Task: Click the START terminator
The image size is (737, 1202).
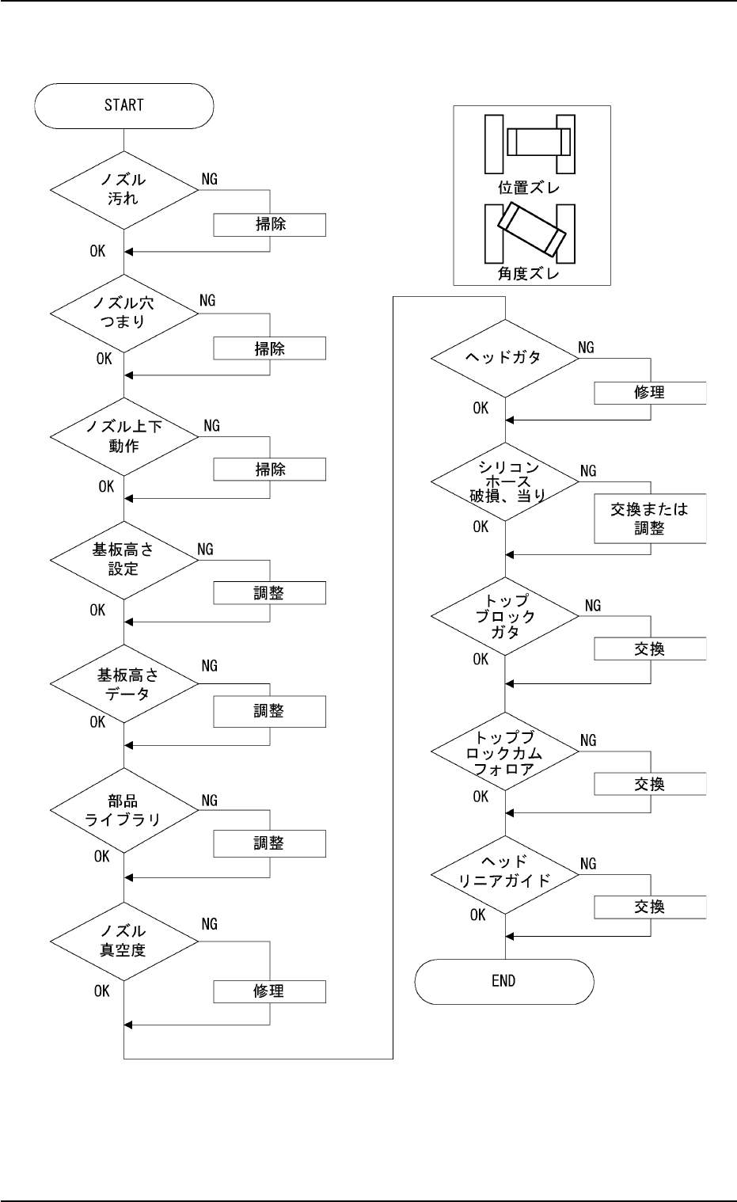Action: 123,105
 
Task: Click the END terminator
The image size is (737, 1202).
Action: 503,981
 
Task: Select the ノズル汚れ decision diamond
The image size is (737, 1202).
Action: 123,189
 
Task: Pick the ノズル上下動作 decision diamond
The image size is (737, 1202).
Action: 123,436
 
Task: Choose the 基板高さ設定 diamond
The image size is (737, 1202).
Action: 123,559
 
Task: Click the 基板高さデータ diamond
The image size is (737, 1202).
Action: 123,684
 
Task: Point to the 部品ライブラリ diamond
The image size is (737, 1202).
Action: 123,810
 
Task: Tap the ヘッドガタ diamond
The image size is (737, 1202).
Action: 504,357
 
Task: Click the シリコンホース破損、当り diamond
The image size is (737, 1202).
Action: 504,481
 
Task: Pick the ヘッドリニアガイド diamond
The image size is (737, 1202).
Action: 504,873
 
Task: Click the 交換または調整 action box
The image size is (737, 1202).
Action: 649,519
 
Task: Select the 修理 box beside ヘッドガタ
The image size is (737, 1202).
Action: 649,393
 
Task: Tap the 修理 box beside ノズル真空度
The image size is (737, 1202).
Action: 269,991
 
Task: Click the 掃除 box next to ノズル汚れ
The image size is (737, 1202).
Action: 269,224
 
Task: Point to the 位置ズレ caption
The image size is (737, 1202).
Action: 529,188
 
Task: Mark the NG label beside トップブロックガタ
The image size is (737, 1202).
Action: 592,606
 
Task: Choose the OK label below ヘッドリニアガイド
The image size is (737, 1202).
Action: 477,915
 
